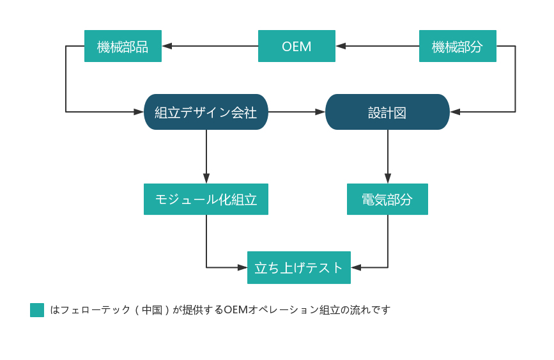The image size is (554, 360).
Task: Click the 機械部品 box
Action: click(x=123, y=46)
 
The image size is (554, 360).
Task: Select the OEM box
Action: click(x=296, y=46)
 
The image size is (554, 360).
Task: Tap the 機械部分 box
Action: click(x=458, y=46)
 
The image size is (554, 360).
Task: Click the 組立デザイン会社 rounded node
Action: click(x=206, y=112)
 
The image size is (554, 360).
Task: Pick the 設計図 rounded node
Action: click(x=387, y=112)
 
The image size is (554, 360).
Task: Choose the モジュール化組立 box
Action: click(x=206, y=200)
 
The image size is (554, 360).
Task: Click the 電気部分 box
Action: click(x=387, y=200)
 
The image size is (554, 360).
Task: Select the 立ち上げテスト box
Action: click(x=298, y=268)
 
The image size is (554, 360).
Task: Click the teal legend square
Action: click(x=37, y=310)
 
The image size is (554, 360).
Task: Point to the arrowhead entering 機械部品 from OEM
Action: click(x=167, y=46)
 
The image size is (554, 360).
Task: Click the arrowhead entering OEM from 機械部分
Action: click(x=341, y=46)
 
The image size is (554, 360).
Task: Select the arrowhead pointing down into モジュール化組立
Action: click(x=206, y=179)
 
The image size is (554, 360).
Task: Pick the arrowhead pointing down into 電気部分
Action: click(x=387, y=179)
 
